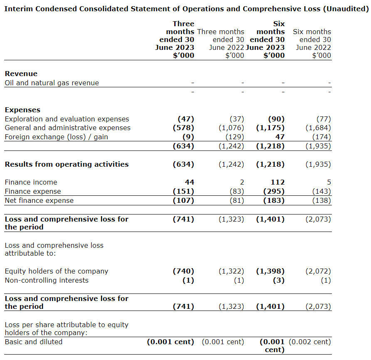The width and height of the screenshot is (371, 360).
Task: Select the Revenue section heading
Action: pos(21,74)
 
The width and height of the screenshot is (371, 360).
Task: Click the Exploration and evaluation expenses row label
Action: pos(67,119)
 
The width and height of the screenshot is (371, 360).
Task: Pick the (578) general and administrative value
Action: pos(183,128)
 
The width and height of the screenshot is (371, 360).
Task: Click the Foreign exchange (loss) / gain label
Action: pos(56,137)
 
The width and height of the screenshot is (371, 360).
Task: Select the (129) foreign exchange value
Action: pos(235,137)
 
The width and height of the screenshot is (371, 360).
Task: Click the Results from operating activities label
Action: pos(67,164)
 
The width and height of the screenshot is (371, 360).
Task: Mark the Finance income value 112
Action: pos(277,182)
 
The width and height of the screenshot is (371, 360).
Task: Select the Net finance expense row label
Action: pos(39,200)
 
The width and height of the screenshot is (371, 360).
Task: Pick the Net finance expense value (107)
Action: pos(183,200)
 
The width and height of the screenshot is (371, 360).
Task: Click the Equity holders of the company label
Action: pos(56,271)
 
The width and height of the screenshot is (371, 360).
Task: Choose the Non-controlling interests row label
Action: pos(47,280)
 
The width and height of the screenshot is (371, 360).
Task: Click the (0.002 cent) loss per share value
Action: pos(310,342)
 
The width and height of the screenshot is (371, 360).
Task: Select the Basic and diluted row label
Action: pos(33,342)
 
